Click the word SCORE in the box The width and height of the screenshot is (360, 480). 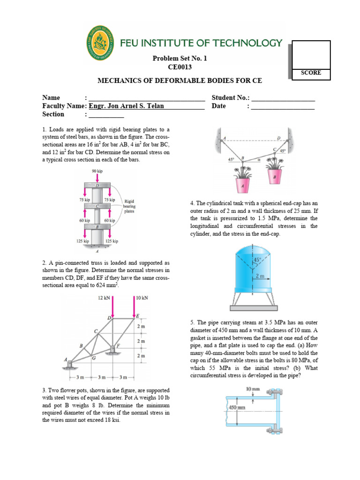[311, 73]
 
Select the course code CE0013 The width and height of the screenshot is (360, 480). [180, 67]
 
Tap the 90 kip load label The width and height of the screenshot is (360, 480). [97, 171]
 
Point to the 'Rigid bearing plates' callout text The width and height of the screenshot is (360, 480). [129, 206]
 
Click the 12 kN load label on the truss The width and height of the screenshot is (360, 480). [104, 298]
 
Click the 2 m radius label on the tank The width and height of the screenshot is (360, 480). [260, 277]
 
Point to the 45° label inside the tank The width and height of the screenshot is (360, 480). [257, 259]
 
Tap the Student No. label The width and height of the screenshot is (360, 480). [231, 97]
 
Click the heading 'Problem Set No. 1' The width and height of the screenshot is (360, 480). [180, 59]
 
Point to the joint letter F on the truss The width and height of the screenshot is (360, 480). [118, 345]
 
